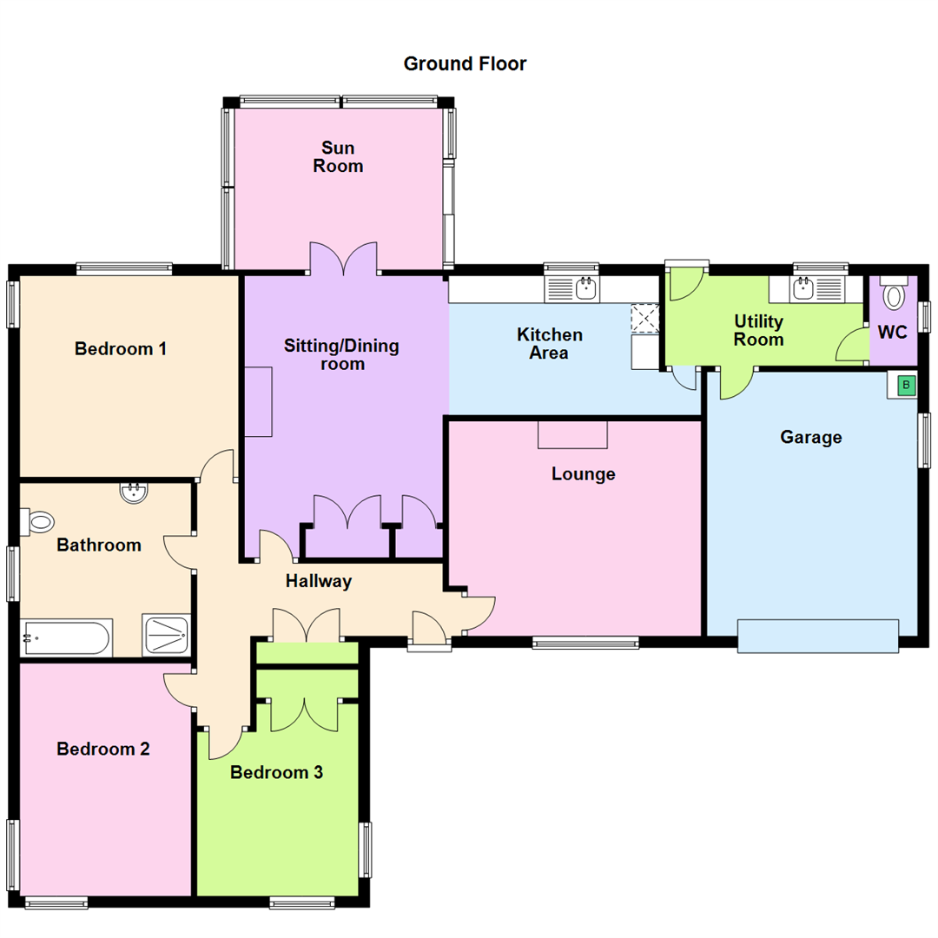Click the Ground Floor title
point(465,63)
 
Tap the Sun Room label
point(338,156)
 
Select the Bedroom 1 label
point(121,349)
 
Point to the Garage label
point(810,437)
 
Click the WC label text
point(892,332)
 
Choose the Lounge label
point(583,474)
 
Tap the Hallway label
point(319,581)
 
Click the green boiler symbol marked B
point(906,385)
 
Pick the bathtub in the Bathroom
point(66,639)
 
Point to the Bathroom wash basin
point(134,493)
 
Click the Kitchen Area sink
point(571,289)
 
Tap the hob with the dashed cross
point(645,317)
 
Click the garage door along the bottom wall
point(817,635)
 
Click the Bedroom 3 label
point(276,772)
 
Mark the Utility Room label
point(758,330)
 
